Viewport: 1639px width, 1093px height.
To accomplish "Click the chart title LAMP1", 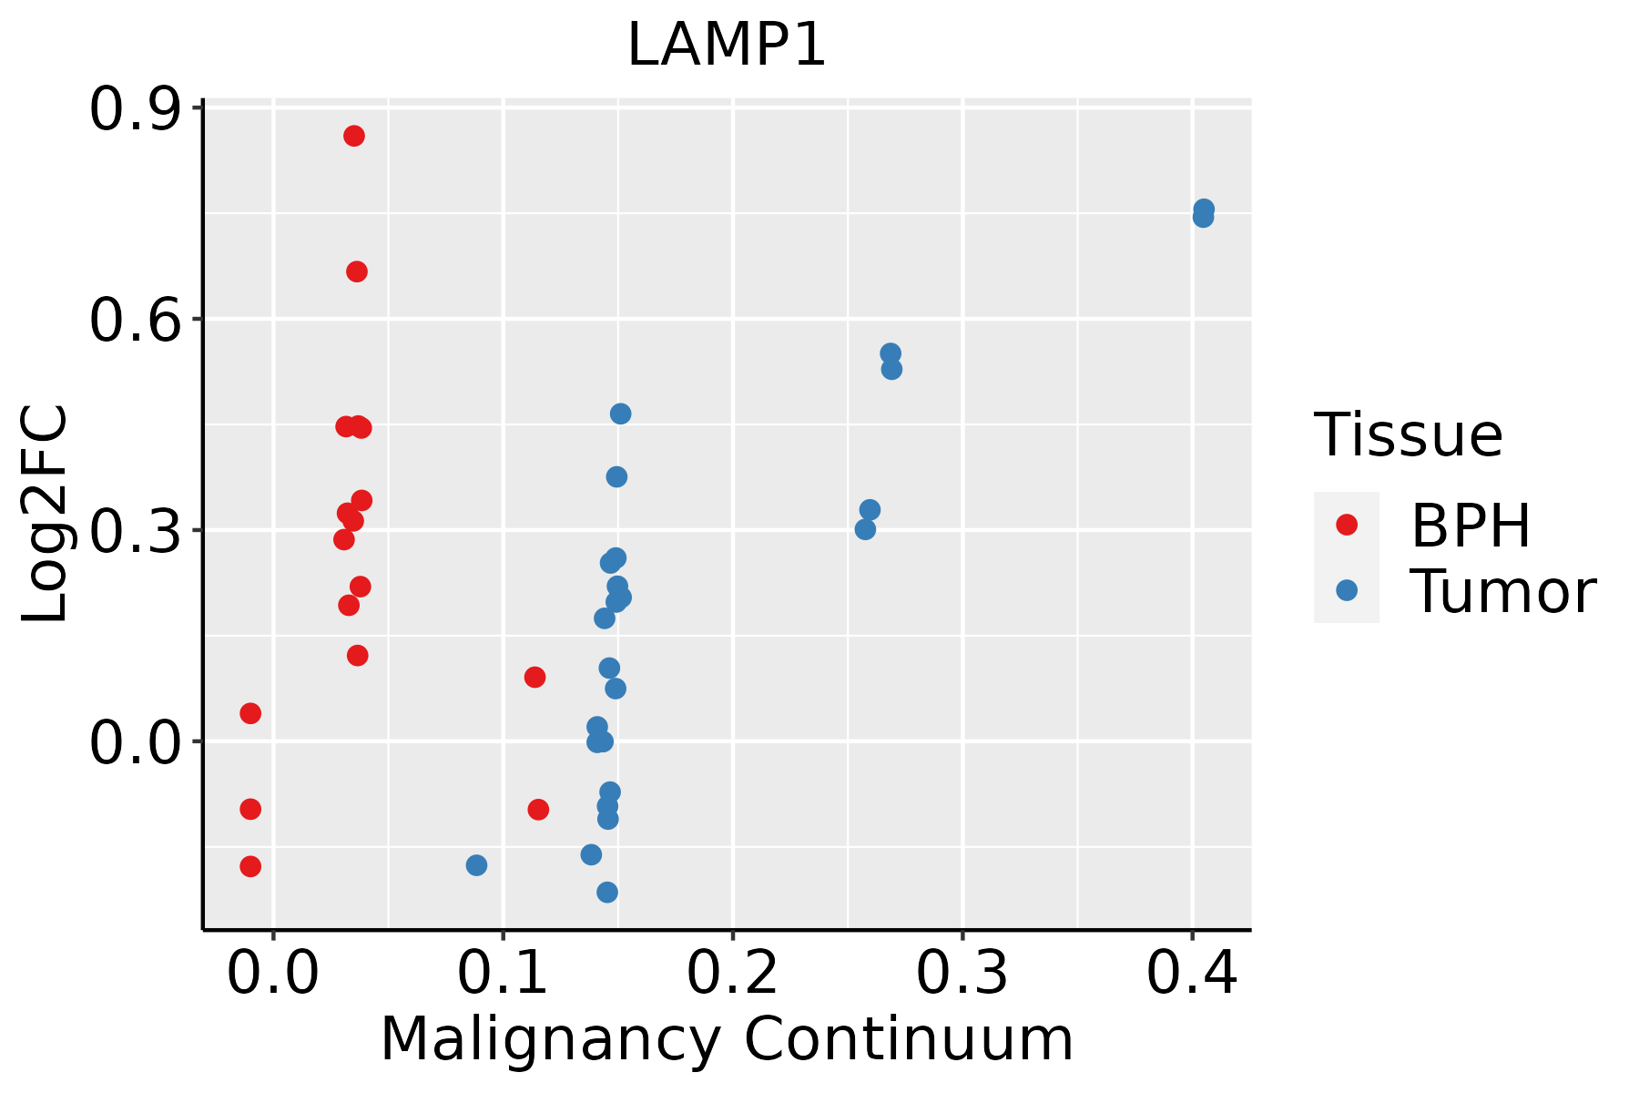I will click(727, 46).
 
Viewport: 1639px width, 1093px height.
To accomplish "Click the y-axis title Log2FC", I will click(46, 515).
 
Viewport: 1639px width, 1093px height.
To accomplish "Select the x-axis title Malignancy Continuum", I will click(727, 1039).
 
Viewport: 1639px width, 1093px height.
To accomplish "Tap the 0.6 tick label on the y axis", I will click(134, 321).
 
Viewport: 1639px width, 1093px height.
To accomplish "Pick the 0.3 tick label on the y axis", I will click(134, 532).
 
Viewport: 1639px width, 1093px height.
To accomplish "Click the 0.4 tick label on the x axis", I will click(1191, 973).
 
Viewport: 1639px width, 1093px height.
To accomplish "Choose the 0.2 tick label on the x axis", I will click(732, 973).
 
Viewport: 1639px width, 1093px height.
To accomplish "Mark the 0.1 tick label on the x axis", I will click(503, 973).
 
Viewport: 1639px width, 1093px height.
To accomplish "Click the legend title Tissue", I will click(1409, 435).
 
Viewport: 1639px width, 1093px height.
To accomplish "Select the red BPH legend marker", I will click(1346, 525).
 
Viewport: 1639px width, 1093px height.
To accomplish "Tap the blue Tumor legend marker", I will click(1346, 590).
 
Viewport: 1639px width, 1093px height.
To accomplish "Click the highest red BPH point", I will click(354, 136).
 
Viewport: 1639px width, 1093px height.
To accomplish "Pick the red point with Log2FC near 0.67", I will click(357, 271).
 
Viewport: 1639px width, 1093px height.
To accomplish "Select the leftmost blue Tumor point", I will click(476, 865).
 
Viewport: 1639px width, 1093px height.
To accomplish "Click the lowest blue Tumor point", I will click(607, 892).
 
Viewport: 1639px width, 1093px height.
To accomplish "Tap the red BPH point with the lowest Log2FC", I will click(250, 866).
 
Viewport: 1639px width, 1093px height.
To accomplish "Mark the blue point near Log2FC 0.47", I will click(620, 414).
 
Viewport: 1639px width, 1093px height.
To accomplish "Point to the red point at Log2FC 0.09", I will click(534, 677).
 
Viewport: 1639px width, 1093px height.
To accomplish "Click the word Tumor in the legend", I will click(1502, 592).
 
